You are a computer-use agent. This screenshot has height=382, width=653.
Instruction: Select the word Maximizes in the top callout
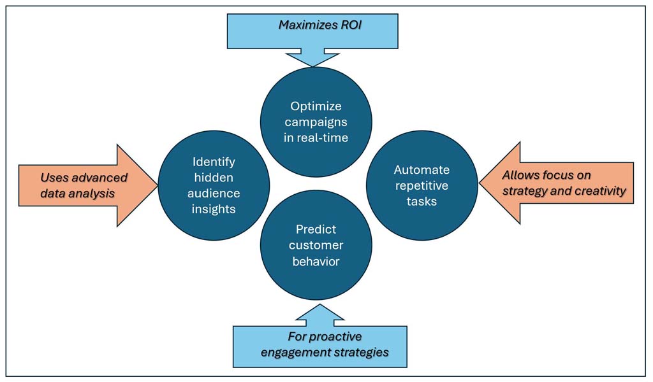tap(305, 25)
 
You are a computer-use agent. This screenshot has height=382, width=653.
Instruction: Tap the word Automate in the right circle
tap(422, 170)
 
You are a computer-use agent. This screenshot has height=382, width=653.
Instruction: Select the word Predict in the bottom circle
tap(316, 229)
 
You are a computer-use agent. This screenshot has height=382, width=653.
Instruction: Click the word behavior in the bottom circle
tap(316, 261)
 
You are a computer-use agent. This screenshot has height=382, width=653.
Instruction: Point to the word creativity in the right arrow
tap(596, 190)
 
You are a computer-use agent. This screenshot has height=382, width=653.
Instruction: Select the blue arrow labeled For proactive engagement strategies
tap(319, 344)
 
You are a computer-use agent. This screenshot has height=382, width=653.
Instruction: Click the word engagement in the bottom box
tap(299, 351)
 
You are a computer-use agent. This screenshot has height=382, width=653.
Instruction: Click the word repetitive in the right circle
tap(421, 186)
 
